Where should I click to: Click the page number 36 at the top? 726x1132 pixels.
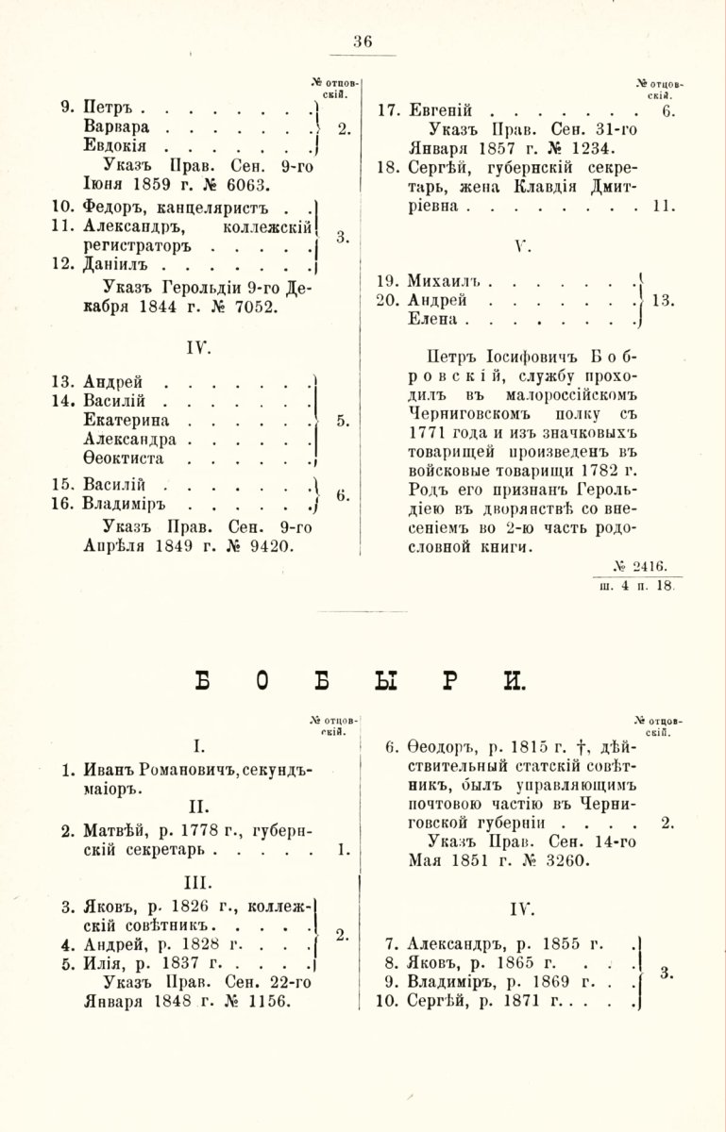[363, 42]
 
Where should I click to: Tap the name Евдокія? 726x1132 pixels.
[114, 147]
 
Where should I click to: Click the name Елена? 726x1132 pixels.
[432, 320]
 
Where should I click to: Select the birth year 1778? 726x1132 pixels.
[191, 831]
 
